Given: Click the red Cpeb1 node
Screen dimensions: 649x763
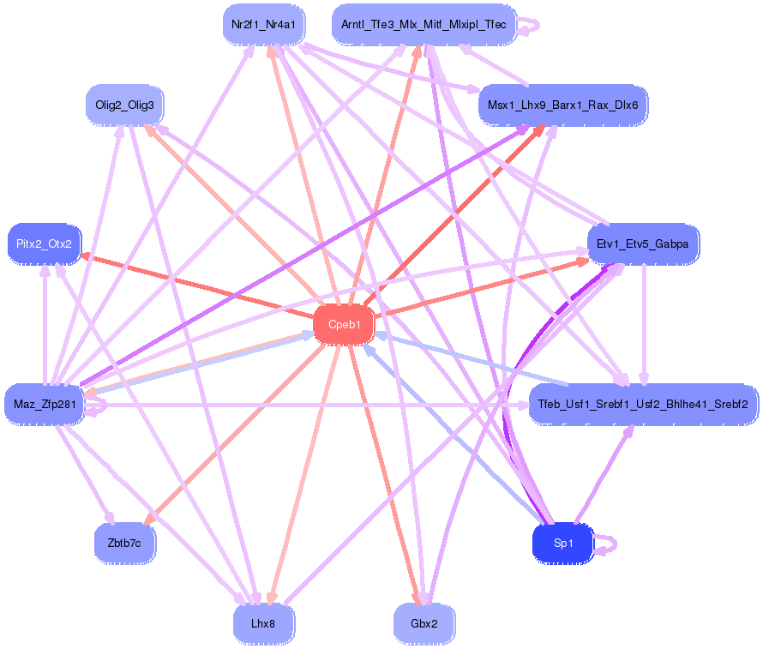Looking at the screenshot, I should click(x=344, y=325).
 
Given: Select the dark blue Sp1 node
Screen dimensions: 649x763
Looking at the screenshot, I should click(x=562, y=543).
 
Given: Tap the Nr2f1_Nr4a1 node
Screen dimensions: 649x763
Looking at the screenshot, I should click(x=263, y=25).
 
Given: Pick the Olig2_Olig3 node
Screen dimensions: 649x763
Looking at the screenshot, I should click(x=124, y=105).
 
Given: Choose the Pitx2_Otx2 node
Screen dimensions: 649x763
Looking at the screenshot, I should click(x=44, y=244).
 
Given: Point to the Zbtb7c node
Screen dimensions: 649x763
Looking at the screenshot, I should click(x=124, y=543).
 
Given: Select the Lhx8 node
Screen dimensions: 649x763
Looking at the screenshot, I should click(x=263, y=623).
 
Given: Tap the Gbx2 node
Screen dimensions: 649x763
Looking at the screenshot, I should click(x=424, y=623).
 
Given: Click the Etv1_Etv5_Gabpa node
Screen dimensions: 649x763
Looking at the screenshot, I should click(x=643, y=244).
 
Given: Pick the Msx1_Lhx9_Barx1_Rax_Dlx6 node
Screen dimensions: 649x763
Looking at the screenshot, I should click(x=562, y=105).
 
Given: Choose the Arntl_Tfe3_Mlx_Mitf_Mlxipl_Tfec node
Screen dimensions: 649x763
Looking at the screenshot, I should click(x=424, y=25).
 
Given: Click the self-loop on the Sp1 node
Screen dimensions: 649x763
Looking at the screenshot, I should click(x=608, y=544).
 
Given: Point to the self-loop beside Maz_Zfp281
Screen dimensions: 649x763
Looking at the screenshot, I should click(x=97, y=409).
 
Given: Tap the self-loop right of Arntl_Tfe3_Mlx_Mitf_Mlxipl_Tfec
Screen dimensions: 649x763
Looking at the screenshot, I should click(x=529, y=26).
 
